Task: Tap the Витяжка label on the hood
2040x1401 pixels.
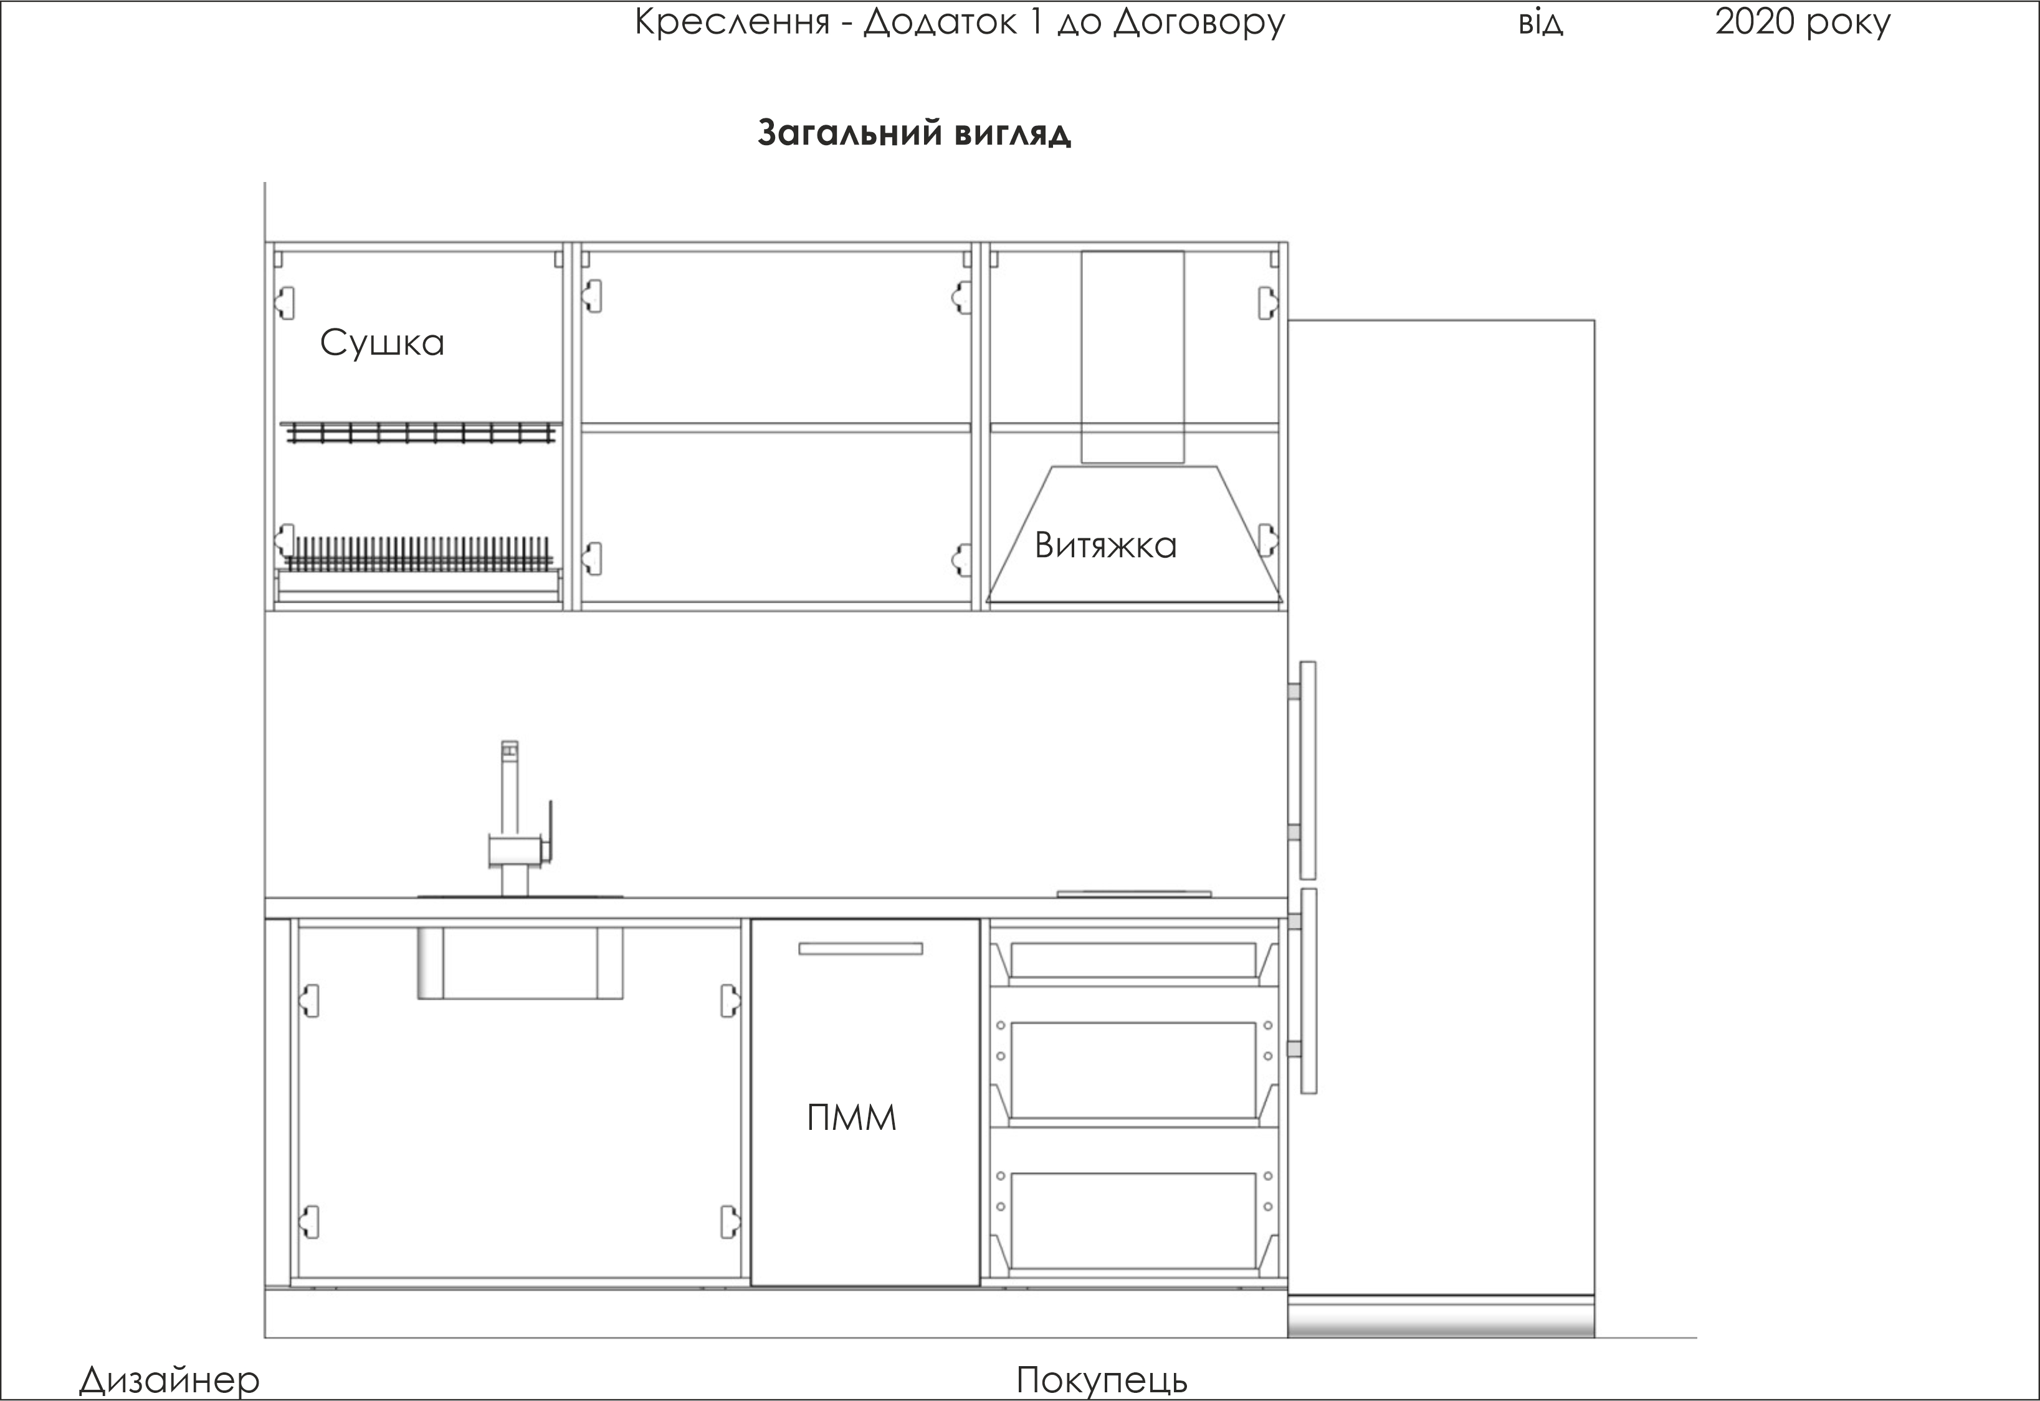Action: tap(1105, 545)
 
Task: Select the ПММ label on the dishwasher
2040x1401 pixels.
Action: tap(852, 1118)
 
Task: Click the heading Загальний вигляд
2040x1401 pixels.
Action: tap(914, 133)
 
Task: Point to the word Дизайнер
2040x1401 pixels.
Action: tap(169, 1380)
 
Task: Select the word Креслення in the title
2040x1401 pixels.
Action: tap(732, 22)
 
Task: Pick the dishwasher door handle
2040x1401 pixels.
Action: tap(860, 949)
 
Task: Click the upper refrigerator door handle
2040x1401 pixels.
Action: tap(1307, 770)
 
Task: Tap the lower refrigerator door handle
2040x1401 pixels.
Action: tap(1307, 991)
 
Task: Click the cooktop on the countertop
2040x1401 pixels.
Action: tap(1133, 894)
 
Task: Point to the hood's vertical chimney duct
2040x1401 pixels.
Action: tap(1132, 356)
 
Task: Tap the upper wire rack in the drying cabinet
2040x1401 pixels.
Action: tap(419, 432)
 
